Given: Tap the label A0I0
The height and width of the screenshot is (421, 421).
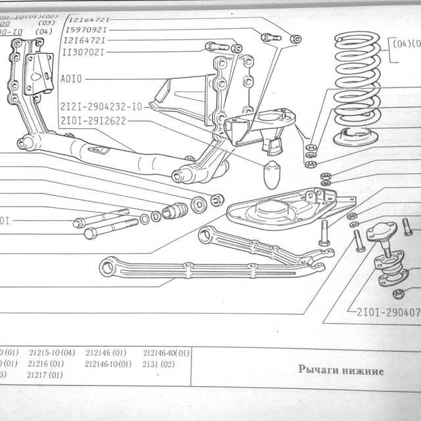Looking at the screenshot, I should [71, 78].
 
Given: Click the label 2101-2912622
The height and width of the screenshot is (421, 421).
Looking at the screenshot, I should [92, 120].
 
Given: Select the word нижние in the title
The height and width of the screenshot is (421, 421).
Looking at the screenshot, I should [360, 370].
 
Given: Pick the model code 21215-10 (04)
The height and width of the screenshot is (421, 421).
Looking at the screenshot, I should [51, 353].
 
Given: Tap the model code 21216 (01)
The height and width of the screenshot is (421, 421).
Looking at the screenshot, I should [45, 363].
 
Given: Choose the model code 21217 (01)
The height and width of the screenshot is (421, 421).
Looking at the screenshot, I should [45, 375].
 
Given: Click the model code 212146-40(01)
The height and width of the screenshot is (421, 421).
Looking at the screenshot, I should [166, 353].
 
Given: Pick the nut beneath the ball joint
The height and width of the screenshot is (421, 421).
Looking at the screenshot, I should [398, 293].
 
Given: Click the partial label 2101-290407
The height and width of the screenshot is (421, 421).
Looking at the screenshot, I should [388, 312].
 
